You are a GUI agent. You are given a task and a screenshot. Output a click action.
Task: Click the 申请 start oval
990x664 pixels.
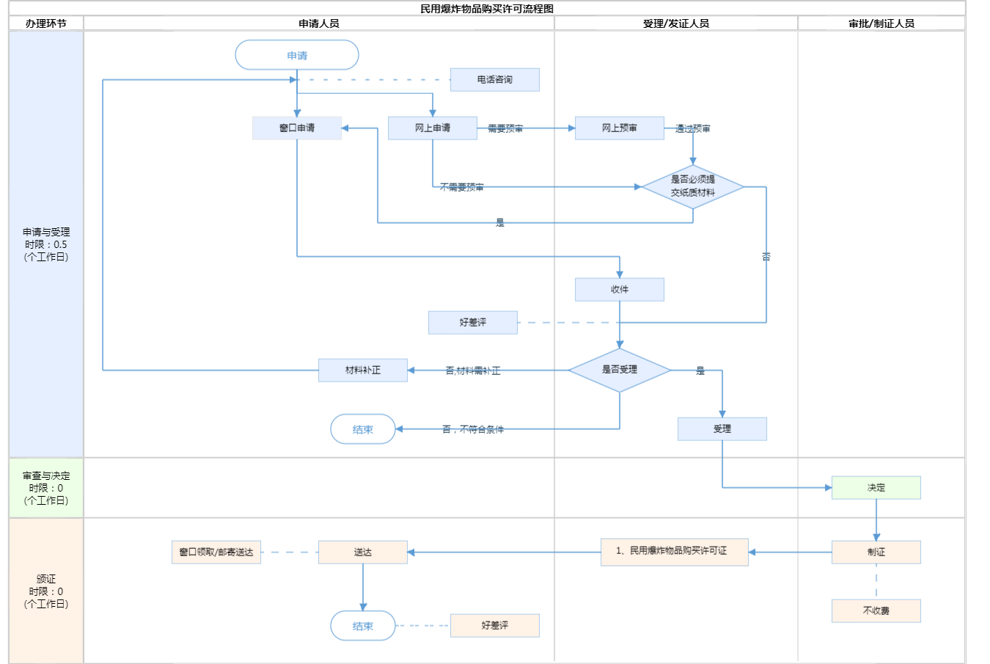[297, 55]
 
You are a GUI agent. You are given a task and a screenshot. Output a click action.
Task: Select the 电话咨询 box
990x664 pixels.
[494, 79]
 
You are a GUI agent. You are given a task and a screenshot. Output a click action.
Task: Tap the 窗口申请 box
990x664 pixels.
[297, 128]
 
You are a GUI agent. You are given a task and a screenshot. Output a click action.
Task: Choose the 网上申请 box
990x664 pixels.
[433, 128]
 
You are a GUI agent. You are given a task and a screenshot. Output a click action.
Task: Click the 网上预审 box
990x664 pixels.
[620, 128]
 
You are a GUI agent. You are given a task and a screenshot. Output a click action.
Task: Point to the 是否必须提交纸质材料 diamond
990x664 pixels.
[693, 186]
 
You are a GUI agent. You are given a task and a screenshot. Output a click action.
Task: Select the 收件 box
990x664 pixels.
[620, 289]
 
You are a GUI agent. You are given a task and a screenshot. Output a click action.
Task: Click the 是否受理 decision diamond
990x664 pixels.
[620, 370]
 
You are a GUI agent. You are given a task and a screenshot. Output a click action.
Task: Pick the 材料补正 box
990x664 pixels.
[363, 370]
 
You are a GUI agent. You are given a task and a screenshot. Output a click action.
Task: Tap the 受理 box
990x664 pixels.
[722, 428]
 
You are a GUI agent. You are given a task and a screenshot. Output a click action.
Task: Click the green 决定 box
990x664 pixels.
[876, 487]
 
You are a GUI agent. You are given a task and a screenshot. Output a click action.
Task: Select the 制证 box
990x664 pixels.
[876, 552]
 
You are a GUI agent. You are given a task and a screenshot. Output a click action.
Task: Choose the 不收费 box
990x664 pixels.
[876, 610]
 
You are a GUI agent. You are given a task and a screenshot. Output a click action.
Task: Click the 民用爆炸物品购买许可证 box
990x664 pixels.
[675, 551]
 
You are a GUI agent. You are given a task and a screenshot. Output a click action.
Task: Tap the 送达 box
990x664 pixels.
[363, 552]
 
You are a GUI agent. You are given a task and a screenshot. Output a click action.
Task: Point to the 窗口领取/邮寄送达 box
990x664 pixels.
[216, 552]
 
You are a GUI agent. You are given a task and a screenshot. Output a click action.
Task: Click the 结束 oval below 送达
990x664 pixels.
[363, 626]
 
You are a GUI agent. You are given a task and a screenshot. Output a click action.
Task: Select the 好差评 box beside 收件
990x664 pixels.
[473, 322]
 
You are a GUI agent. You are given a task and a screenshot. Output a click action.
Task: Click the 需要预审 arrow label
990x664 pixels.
[505, 128]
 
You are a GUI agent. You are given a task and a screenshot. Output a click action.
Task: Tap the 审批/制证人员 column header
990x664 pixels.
[881, 23]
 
